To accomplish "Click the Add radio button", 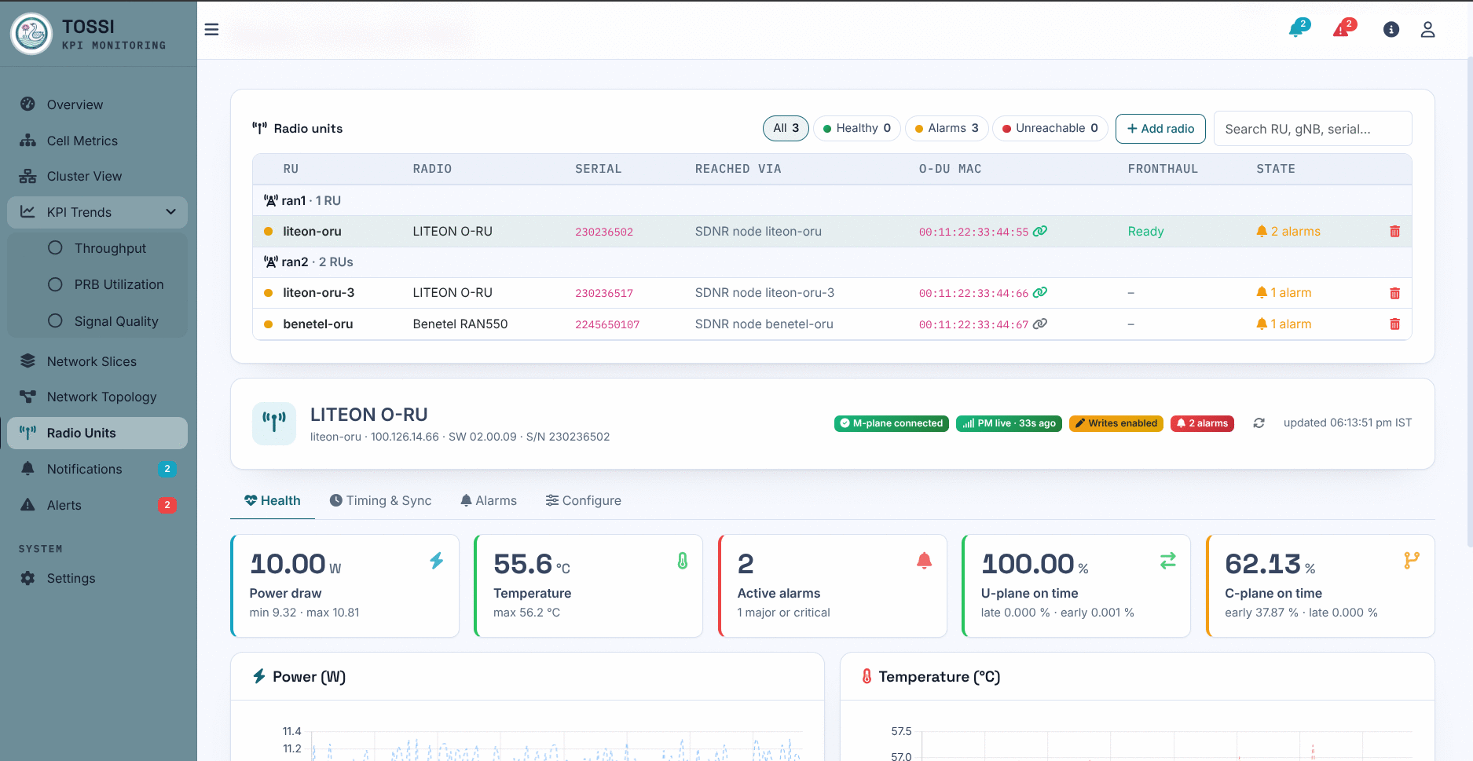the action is [x=1160, y=129].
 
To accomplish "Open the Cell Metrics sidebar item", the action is [x=82, y=141].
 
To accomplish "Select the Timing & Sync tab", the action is [x=380, y=500].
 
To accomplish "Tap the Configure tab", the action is [x=584, y=500].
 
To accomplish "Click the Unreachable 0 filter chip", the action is [x=1050, y=128].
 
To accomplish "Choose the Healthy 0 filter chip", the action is [x=857, y=128].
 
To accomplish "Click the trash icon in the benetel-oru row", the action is [x=1394, y=324].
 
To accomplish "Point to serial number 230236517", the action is [x=604, y=293].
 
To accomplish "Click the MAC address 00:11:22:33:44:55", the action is [x=973, y=232].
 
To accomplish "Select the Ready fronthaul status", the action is [x=1145, y=232].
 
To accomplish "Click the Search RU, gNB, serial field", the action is [x=1313, y=129].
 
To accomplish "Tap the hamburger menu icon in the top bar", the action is [x=211, y=30].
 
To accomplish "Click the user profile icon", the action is [x=1427, y=30].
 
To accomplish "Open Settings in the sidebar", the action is [x=71, y=578].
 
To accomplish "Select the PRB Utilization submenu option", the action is [x=119, y=284].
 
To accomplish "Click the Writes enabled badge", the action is [x=1116, y=423].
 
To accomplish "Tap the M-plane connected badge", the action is [x=891, y=423].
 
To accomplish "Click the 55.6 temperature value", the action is [x=523, y=564].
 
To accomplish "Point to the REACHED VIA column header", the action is [x=738, y=169].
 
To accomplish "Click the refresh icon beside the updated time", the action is [x=1259, y=423].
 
